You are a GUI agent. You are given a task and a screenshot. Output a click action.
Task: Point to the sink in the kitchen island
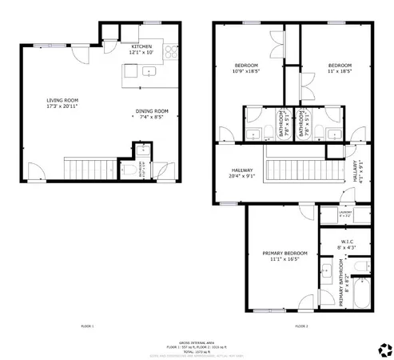(x=148, y=71)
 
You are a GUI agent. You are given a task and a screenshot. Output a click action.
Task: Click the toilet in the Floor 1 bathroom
(x=130, y=170)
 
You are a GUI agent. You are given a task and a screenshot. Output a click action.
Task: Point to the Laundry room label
(x=344, y=214)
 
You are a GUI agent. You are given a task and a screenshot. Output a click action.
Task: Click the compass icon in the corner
(x=382, y=347)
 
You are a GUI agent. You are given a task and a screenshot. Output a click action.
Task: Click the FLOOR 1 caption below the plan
(x=88, y=326)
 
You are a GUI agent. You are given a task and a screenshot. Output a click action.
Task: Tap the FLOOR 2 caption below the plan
(x=301, y=326)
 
